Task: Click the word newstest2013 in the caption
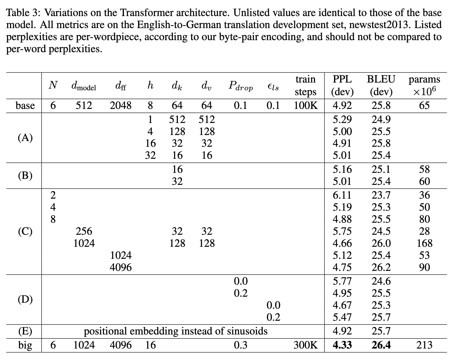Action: click(x=381, y=25)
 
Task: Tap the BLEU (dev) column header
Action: click(x=381, y=85)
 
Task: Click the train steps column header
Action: click(x=305, y=85)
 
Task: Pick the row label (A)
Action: click(x=25, y=138)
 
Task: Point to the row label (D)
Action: click(x=25, y=299)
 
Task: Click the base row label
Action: click(x=25, y=106)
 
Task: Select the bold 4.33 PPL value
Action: click(x=342, y=345)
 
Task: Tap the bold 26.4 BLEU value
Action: click(x=381, y=345)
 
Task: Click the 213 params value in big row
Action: click(x=424, y=345)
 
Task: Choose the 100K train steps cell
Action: click(x=306, y=106)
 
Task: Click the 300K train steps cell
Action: click(x=306, y=345)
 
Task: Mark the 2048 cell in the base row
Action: click(x=121, y=106)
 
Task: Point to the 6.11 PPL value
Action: click(x=342, y=195)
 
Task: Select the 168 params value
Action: click(x=424, y=243)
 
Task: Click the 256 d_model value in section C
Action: click(x=84, y=231)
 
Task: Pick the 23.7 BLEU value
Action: click(x=381, y=195)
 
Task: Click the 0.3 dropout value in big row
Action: click(x=241, y=345)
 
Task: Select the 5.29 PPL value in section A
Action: click(x=342, y=120)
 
